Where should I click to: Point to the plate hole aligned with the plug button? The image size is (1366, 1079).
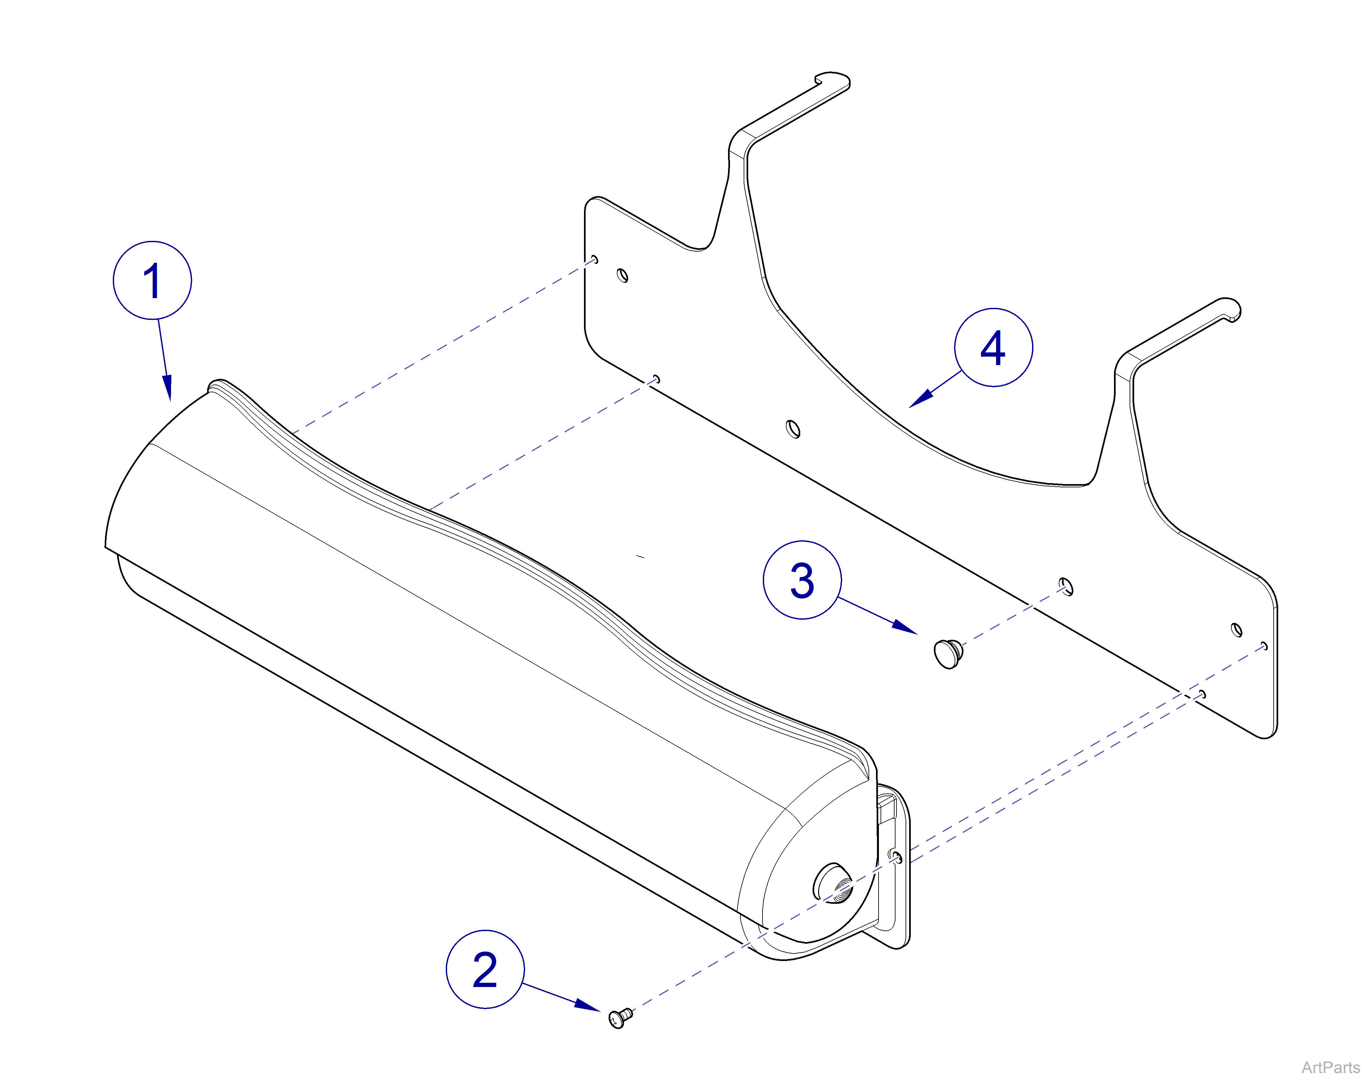1066,587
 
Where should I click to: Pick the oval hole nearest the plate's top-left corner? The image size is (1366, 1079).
622,275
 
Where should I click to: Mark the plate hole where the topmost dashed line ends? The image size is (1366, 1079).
594,260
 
